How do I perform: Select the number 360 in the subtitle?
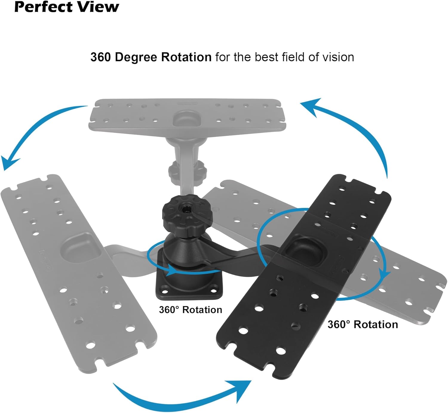click(101, 57)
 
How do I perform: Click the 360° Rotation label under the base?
click(191, 310)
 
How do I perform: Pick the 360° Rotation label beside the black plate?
click(363, 324)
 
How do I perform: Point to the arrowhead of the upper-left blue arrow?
click(9, 163)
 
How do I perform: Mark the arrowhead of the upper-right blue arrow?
click(311, 106)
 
